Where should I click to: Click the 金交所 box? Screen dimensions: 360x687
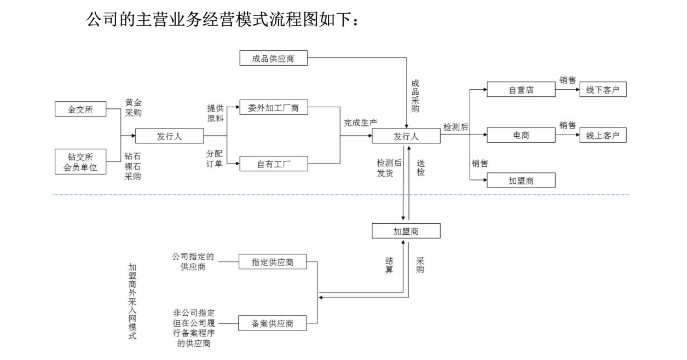[80, 109]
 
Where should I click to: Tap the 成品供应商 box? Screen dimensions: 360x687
[273, 59]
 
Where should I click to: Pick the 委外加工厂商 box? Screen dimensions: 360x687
[273, 108]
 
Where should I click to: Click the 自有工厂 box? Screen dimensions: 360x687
[273, 164]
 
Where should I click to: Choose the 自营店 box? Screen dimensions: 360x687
[521, 90]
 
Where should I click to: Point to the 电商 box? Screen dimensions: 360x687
[521, 136]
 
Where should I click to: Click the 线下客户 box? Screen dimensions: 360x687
[602, 90]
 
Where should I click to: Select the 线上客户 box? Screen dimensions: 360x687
[602, 136]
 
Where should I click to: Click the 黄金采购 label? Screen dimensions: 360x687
[133, 108]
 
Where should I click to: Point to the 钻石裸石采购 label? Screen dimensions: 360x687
[133, 166]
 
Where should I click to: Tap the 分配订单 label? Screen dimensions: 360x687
[214, 158]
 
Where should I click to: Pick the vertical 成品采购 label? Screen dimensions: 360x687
[415, 96]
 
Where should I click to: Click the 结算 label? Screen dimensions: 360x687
[389, 265]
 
